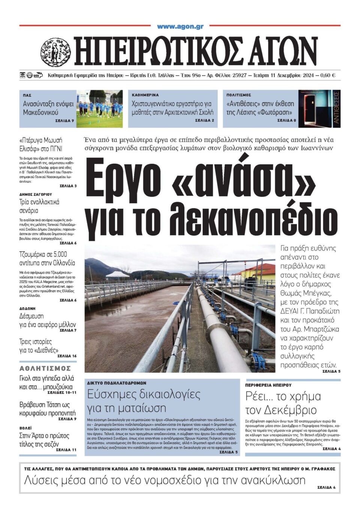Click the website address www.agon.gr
[180, 27]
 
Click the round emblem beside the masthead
[55, 52]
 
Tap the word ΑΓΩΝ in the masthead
[282, 52]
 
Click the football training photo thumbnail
[99, 109]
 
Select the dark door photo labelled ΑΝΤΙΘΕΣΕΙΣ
[319, 109]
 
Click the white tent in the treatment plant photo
[118, 275]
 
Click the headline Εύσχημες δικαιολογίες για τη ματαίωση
[144, 401]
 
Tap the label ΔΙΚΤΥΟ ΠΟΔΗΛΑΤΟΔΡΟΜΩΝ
[117, 383]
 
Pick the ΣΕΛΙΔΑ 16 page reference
[67, 356]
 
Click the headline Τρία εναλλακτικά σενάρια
[39, 206]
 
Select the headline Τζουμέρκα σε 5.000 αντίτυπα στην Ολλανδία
[47, 258]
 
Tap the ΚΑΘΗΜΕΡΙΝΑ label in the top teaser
[145, 95]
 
